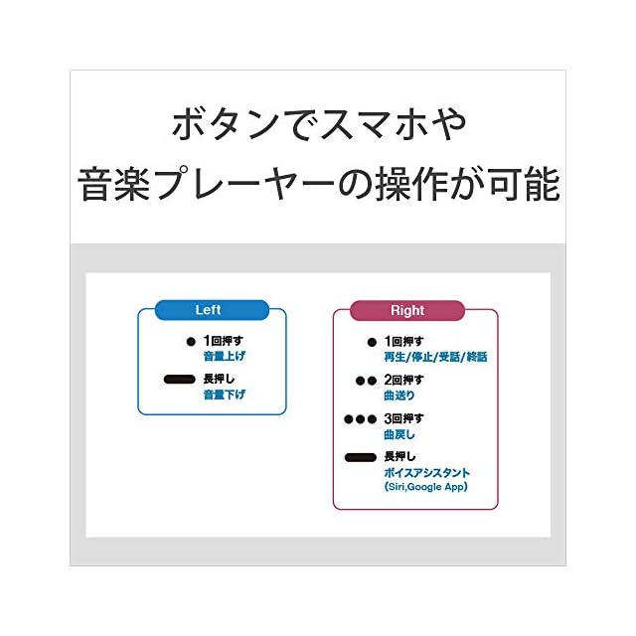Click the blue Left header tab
point(211,310)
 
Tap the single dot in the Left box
point(192,341)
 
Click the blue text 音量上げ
point(224,355)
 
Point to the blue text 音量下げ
point(224,395)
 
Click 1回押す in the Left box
point(223,341)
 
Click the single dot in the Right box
point(372,343)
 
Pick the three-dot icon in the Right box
point(361,418)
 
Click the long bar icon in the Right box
point(361,457)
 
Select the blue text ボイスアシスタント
point(426,473)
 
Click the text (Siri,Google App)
point(424,487)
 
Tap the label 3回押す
point(403,418)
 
